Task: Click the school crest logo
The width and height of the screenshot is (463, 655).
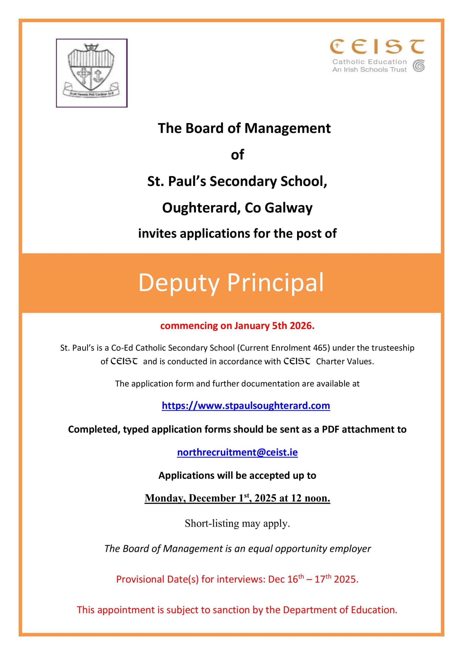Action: (91, 73)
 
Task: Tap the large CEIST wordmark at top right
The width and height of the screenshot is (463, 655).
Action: (377, 47)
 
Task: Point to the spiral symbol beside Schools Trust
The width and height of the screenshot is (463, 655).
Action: (419, 66)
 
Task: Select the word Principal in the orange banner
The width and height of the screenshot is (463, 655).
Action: (275, 283)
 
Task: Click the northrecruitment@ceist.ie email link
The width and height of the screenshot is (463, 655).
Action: (237, 452)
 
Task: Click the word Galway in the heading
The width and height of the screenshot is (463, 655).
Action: (289, 208)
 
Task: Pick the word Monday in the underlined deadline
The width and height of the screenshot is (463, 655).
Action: (165, 498)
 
